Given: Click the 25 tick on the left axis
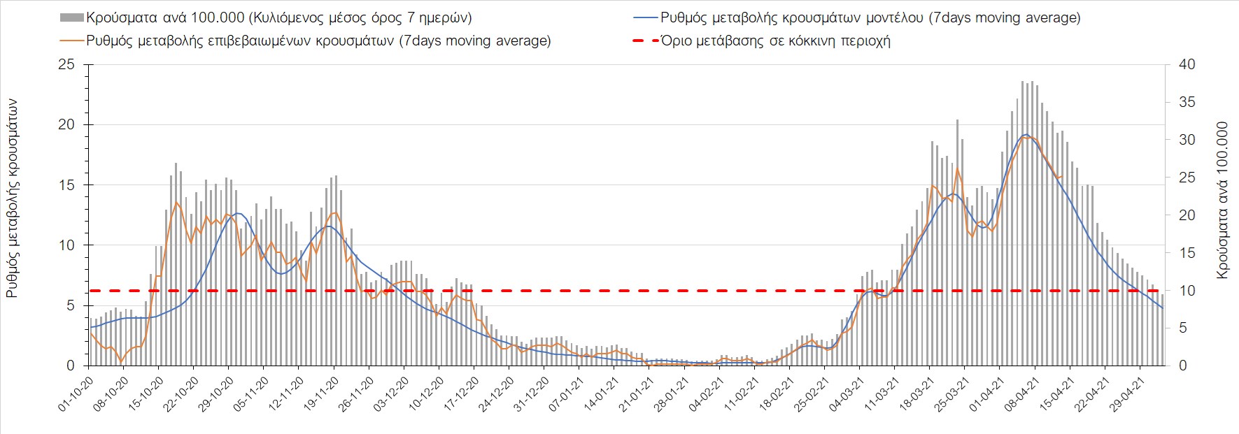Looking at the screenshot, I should coord(66,65).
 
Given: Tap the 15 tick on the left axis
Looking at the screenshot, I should coord(66,185).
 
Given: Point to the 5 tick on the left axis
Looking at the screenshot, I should coord(70,305).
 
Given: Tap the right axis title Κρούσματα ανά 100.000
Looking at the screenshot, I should coord(1222,201).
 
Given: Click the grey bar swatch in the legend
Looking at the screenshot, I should coord(72,17).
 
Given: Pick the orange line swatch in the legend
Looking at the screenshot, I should coord(72,41).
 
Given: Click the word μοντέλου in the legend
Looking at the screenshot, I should coord(895,17).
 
